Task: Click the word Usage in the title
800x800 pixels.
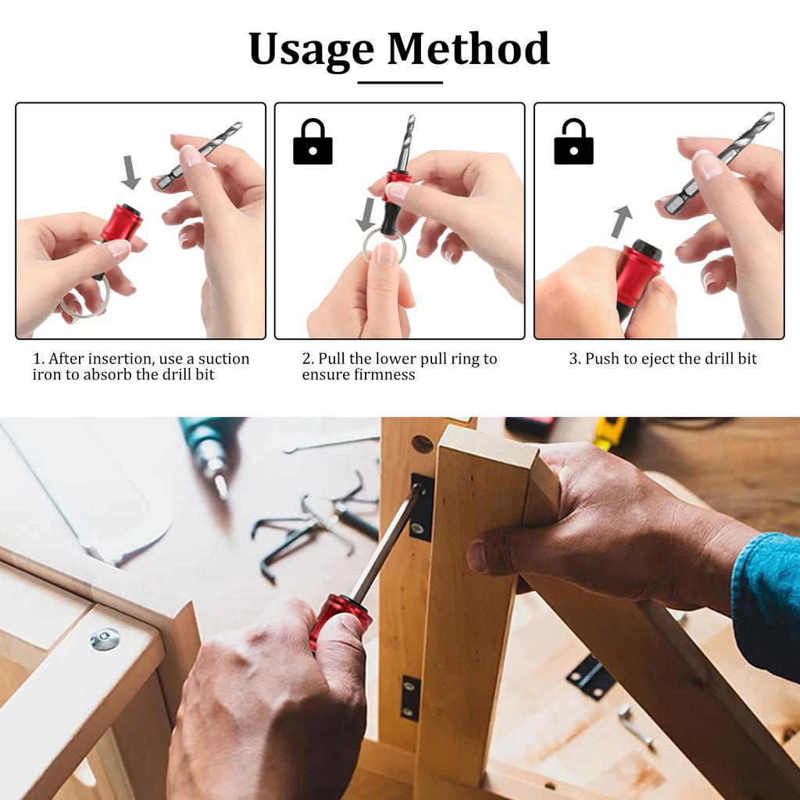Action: tap(311, 50)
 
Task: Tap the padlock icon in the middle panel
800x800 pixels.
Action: tap(312, 142)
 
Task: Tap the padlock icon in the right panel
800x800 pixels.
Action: tap(573, 142)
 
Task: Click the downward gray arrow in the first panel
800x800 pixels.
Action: tap(130, 173)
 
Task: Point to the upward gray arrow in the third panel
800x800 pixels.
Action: tap(621, 221)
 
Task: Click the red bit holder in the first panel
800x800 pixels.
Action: tap(121, 223)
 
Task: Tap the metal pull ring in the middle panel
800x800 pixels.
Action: tap(383, 244)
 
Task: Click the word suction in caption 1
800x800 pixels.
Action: tap(223, 359)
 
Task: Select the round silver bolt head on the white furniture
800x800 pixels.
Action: tap(105, 638)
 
